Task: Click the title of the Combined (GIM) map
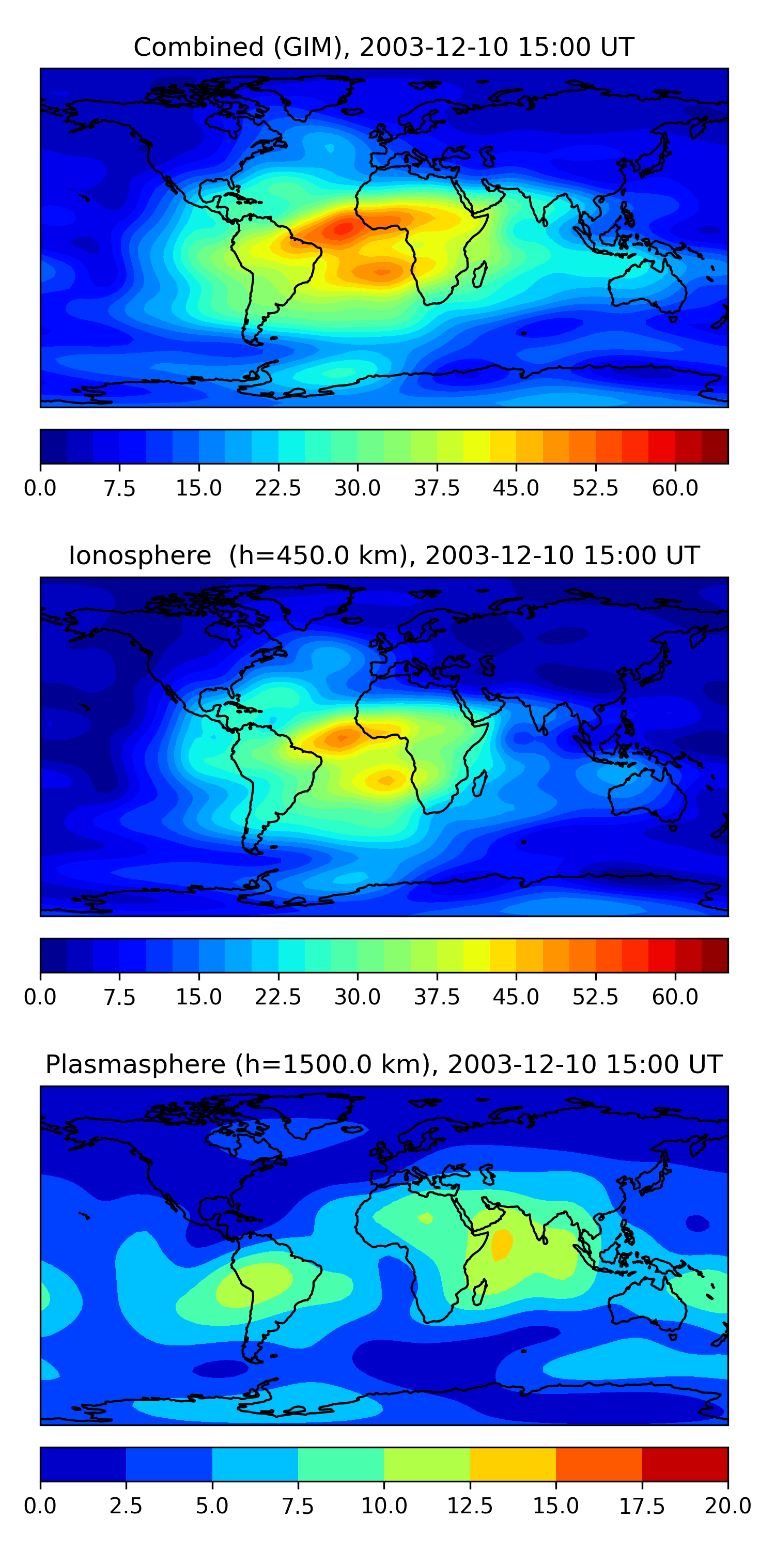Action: pyautogui.click(x=384, y=47)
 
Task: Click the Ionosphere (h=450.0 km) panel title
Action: pyautogui.click(x=384, y=555)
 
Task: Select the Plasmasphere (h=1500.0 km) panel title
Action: pyautogui.click(x=384, y=1064)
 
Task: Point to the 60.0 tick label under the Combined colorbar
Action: pyautogui.click(x=675, y=488)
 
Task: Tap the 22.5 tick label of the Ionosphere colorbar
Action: pyautogui.click(x=278, y=997)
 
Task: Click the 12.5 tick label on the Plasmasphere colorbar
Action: pyautogui.click(x=470, y=1506)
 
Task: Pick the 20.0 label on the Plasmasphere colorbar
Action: pyautogui.click(x=727, y=1506)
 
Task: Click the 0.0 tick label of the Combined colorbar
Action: pyautogui.click(x=40, y=488)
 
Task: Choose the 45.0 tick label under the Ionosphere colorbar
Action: pyautogui.click(x=516, y=997)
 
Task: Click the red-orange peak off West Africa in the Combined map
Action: pyautogui.click(x=344, y=229)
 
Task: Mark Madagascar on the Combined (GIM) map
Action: pyautogui.click(x=479, y=275)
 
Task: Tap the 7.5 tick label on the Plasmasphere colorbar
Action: pyautogui.click(x=298, y=1506)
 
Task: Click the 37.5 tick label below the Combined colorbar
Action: pyautogui.click(x=437, y=488)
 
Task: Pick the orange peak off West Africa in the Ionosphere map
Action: pyautogui.click(x=340, y=738)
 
